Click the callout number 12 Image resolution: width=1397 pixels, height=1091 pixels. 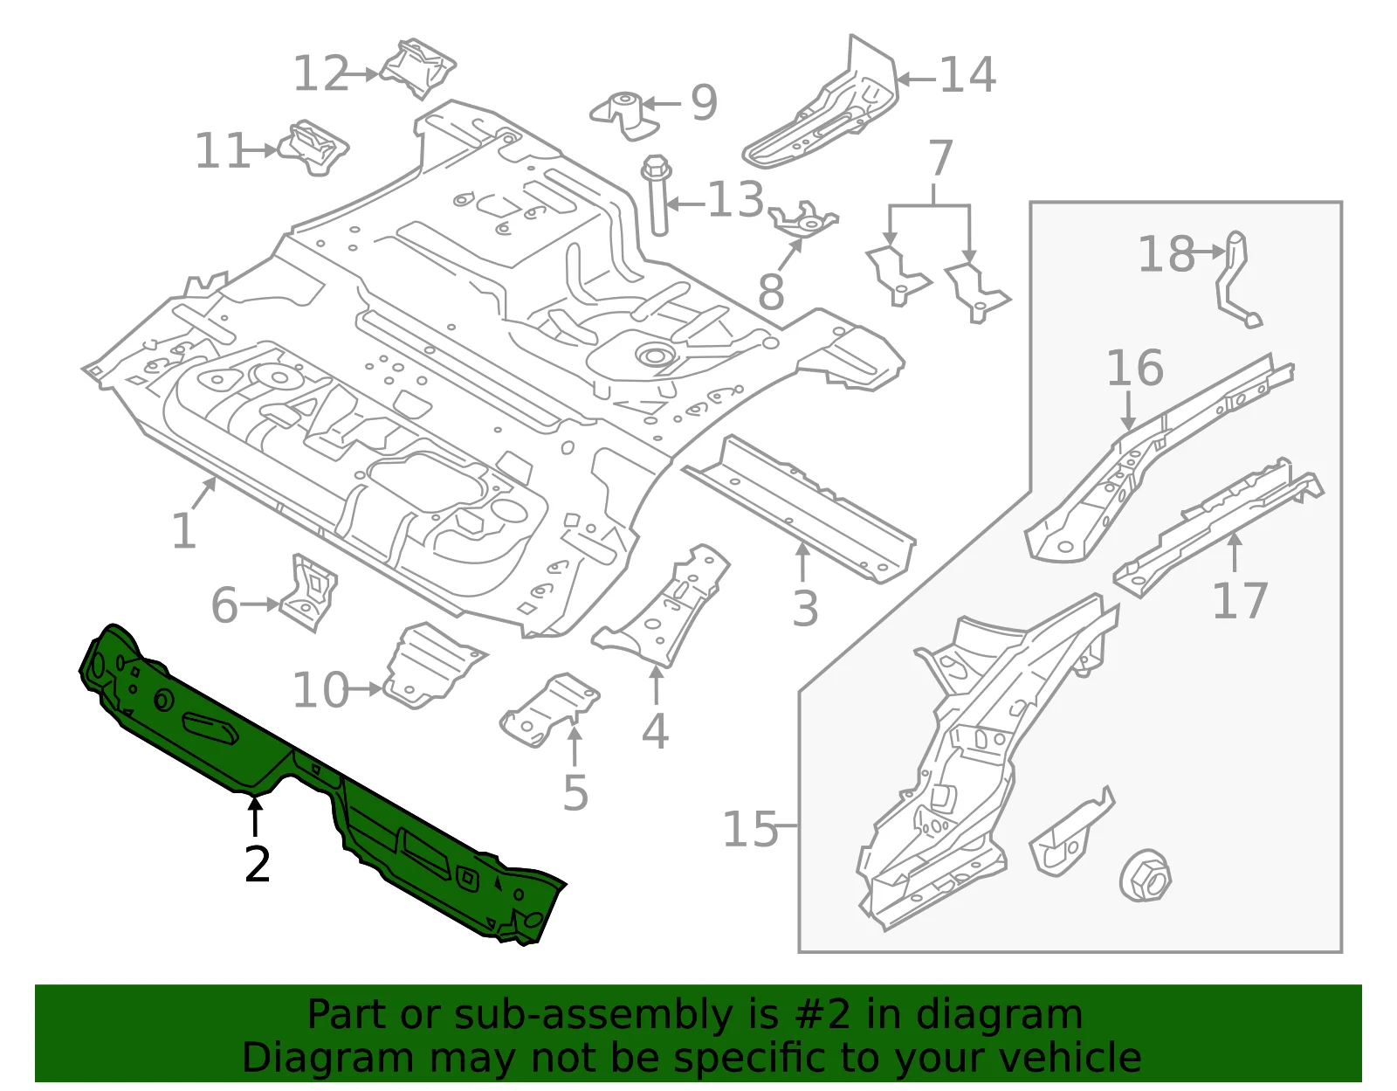(321, 73)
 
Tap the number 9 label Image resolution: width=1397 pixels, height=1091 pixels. (704, 102)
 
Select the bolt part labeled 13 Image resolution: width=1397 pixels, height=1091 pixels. (657, 195)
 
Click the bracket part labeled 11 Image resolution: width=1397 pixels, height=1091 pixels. (313, 148)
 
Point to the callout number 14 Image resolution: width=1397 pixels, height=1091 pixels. (968, 75)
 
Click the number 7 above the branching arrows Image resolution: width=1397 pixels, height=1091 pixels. (940, 157)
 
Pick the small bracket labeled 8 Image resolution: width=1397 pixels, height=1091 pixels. (804, 219)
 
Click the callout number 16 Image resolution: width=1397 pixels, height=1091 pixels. (1135, 368)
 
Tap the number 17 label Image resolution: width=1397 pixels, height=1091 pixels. (1240, 600)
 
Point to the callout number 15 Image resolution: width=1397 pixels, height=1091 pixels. (750, 829)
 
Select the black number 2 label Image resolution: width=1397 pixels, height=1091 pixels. (258, 864)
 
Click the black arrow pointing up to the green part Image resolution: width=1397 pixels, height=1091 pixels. (255, 816)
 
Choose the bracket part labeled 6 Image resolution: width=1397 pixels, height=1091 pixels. (308, 592)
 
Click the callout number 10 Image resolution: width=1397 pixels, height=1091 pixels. (320, 690)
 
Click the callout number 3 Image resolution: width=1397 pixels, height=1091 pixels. (805, 608)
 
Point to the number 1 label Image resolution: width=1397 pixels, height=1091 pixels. (184, 531)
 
